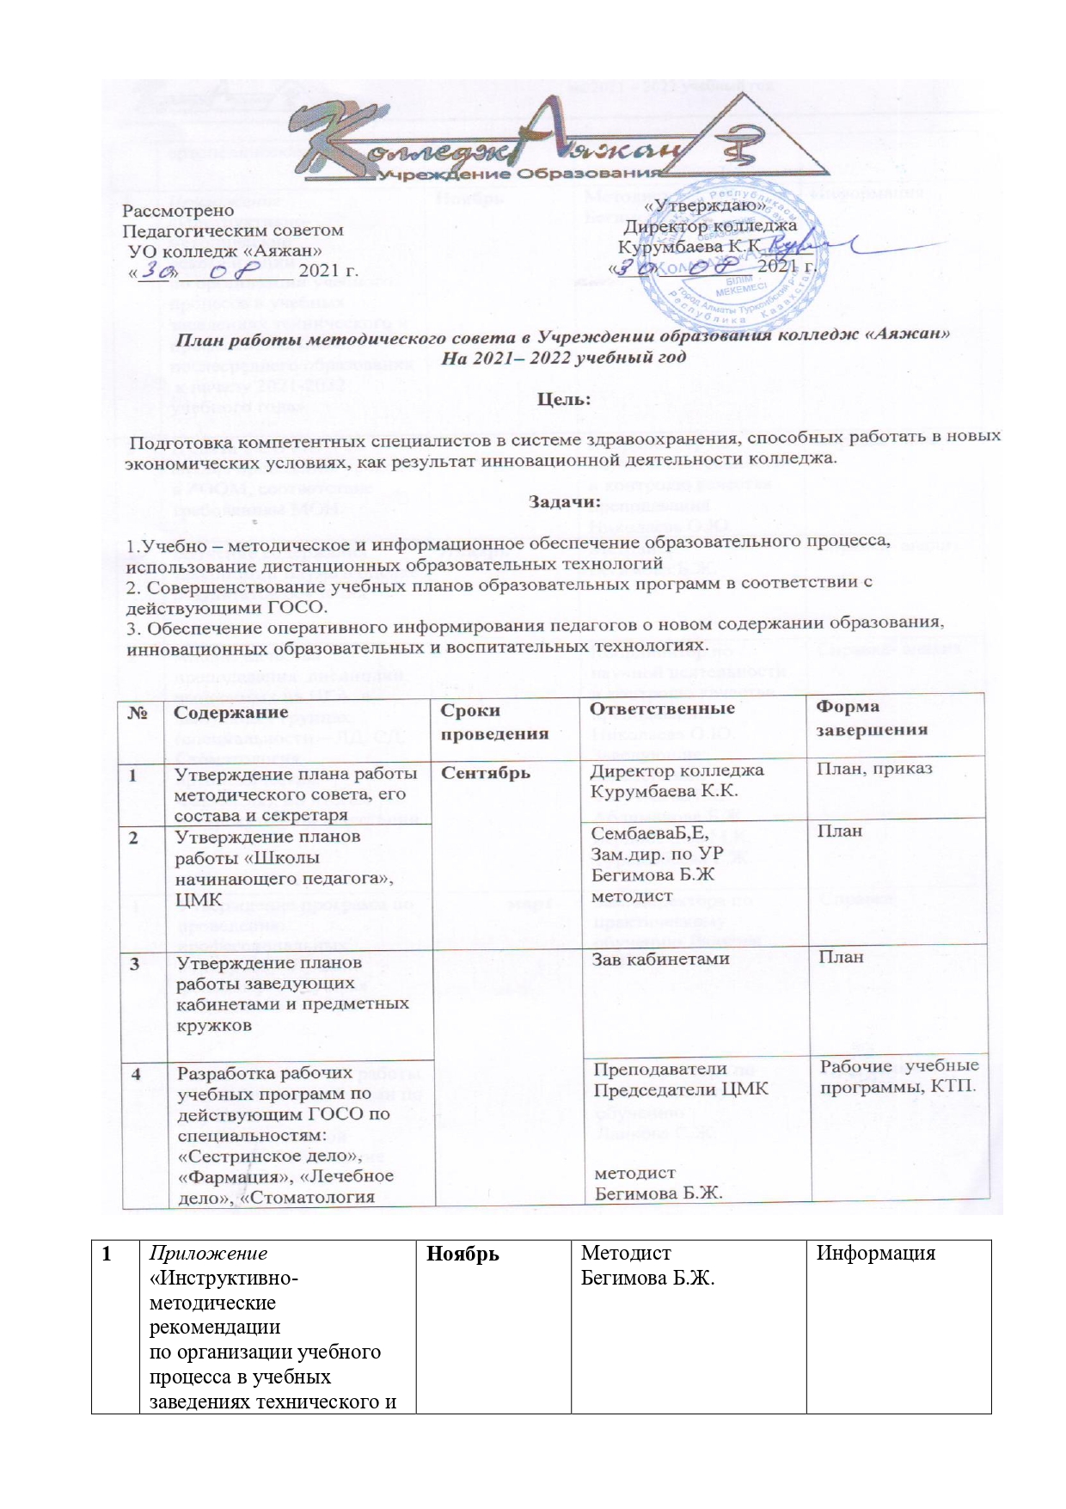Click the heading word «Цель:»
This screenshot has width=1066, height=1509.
tap(564, 399)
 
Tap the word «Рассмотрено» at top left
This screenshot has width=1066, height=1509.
tap(178, 210)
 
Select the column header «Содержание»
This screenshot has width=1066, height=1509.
tap(230, 712)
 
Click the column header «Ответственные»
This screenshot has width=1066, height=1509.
tap(662, 708)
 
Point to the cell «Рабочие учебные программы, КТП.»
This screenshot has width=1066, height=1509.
tap(898, 1076)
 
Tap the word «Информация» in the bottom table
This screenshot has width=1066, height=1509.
tap(875, 1254)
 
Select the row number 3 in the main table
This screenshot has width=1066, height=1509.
tap(135, 963)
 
